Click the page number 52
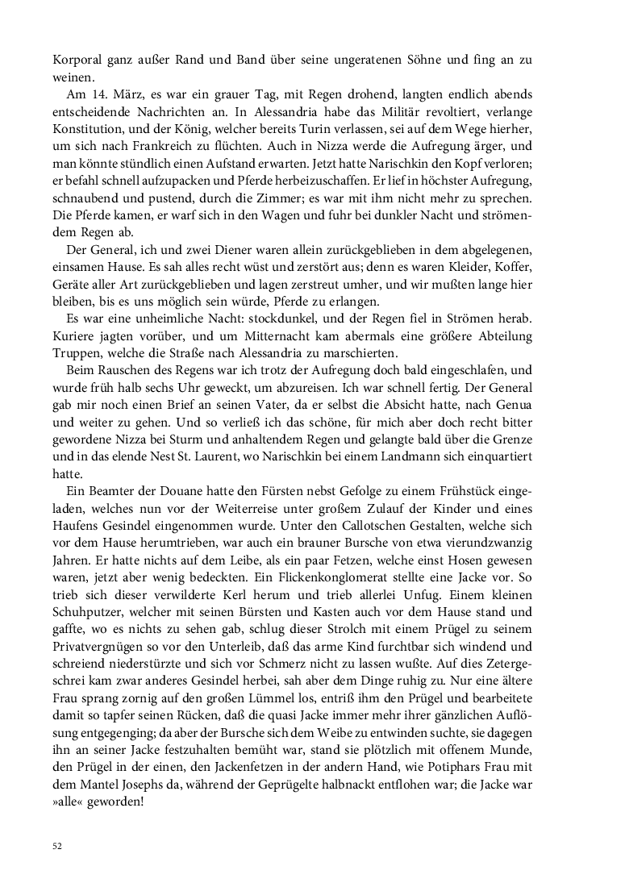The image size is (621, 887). (x=56, y=846)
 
